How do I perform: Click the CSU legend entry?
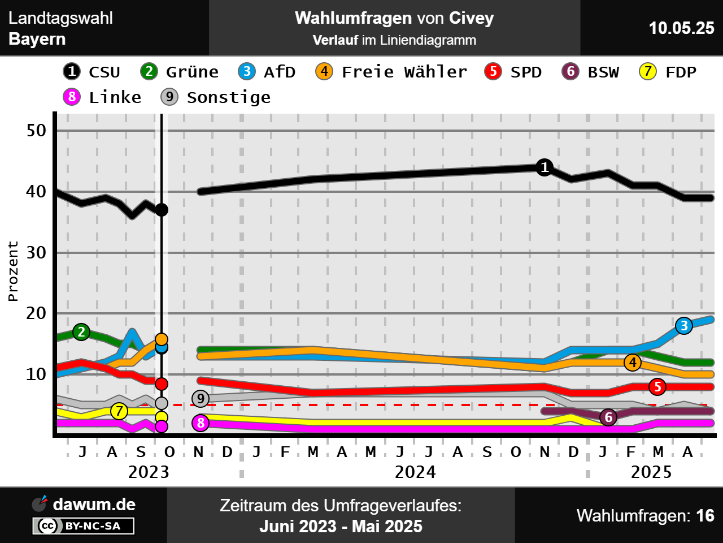(92, 72)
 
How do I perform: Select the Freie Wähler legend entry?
(391, 72)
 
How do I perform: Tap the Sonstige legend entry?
(216, 97)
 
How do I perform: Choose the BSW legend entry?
(591, 72)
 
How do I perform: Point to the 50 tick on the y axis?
(36, 131)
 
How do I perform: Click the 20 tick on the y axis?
(36, 313)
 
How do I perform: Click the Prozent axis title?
(13, 271)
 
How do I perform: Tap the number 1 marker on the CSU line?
(545, 167)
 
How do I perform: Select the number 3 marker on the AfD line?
(684, 326)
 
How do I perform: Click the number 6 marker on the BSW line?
(608, 417)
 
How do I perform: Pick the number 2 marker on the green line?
(81, 332)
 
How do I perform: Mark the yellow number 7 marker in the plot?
(119, 411)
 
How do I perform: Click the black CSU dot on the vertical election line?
(162, 210)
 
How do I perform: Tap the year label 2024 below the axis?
(415, 472)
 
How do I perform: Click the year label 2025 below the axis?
(651, 472)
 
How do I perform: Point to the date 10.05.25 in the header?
(681, 28)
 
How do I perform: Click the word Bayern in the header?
(37, 39)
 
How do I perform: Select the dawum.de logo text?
(94, 505)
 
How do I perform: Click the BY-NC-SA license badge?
(84, 526)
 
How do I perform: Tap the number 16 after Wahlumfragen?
(705, 516)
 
